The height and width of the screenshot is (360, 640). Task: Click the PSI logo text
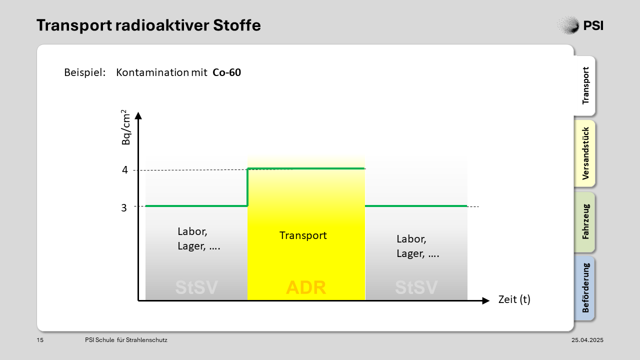[593, 25]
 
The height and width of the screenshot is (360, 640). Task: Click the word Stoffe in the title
[237, 25]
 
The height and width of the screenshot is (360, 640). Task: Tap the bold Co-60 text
[226, 72]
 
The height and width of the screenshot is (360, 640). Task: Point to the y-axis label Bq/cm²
[125, 127]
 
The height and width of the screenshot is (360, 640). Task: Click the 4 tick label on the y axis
[125, 170]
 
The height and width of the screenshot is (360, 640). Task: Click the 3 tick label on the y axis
[123, 207]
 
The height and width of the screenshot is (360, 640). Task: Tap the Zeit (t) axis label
[514, 299]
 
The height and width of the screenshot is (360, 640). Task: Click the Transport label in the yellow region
[303, 235]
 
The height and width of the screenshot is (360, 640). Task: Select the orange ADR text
[305, 287]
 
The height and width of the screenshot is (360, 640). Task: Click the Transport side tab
[585, 85]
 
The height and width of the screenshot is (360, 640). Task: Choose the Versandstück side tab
[585, 153]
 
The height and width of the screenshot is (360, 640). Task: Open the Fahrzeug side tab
[585, 221]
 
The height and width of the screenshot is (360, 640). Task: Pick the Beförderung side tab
[585, 288]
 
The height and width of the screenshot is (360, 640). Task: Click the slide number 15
[40, 340]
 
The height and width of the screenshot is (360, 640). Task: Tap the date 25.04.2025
[587, 340]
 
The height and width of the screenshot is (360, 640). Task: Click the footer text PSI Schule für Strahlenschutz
[126, 340]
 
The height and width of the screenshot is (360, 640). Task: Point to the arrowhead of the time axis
[486, 300]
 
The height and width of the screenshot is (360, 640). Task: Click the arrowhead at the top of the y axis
[138, 115]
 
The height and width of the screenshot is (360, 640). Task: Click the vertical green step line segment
[247, 187]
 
